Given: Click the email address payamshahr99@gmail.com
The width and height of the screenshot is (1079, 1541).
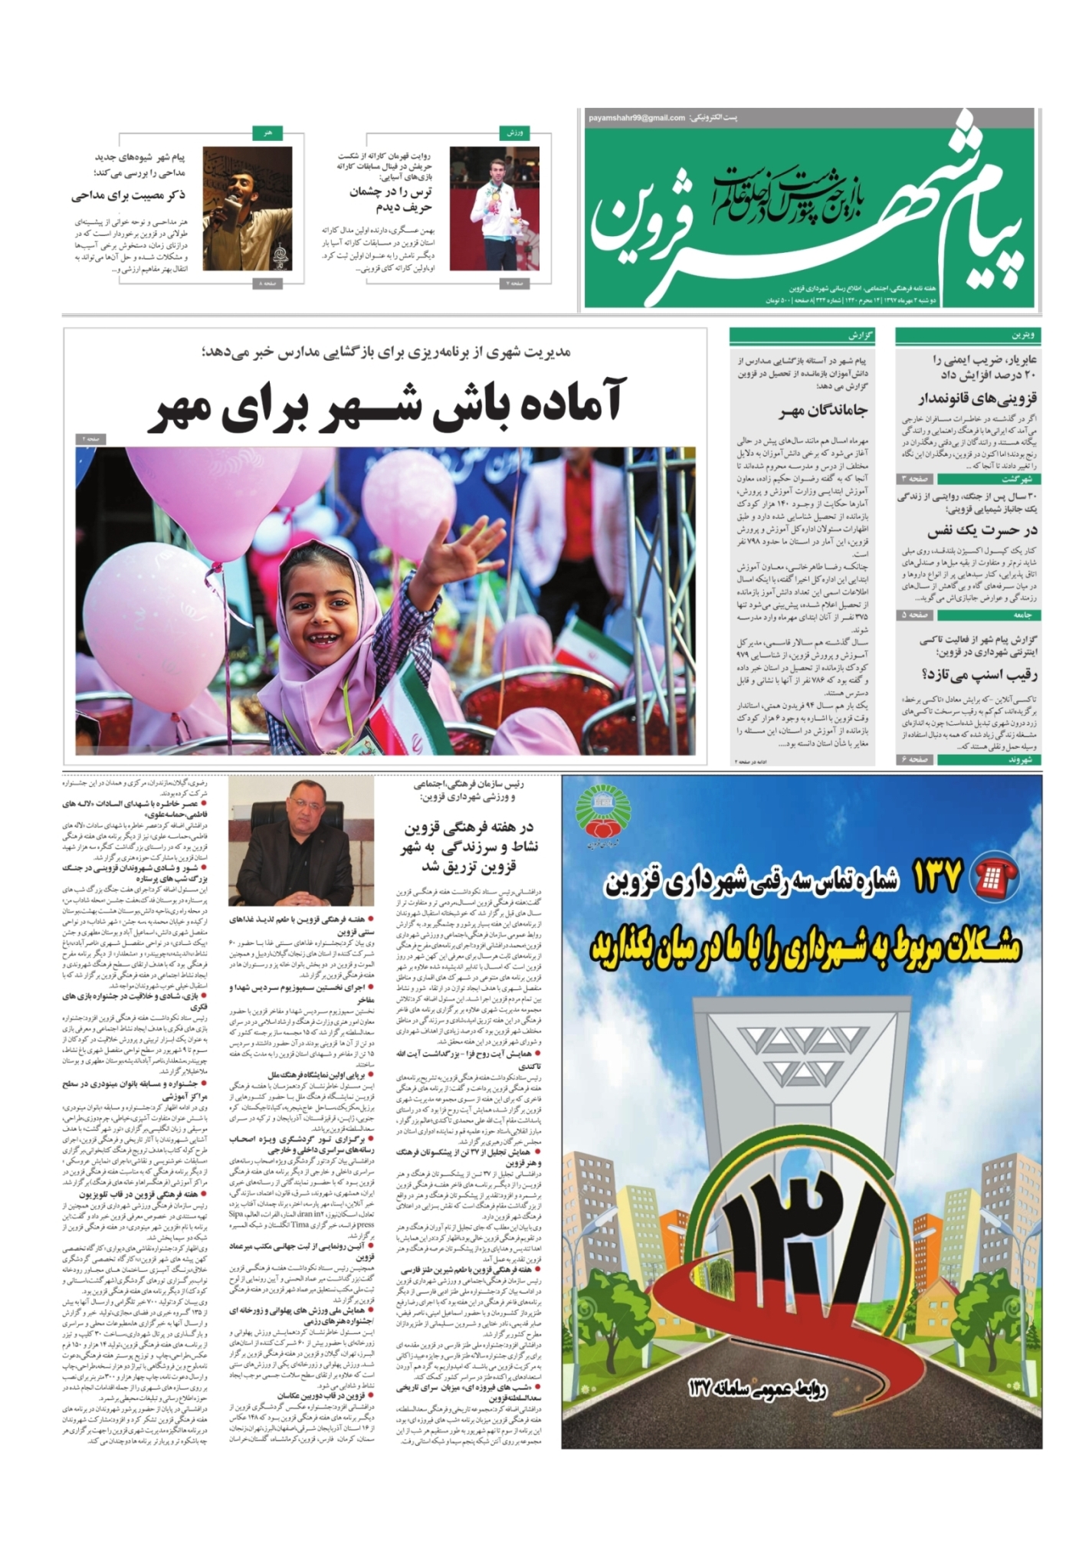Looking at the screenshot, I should [x=636, y=118].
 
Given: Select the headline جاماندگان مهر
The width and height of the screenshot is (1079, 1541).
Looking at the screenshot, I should [x=824, y=411].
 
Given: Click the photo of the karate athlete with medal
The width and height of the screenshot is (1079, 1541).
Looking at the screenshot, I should [x=494, y=208].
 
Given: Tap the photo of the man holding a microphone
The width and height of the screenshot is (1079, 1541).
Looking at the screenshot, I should [x=242, y=208].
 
